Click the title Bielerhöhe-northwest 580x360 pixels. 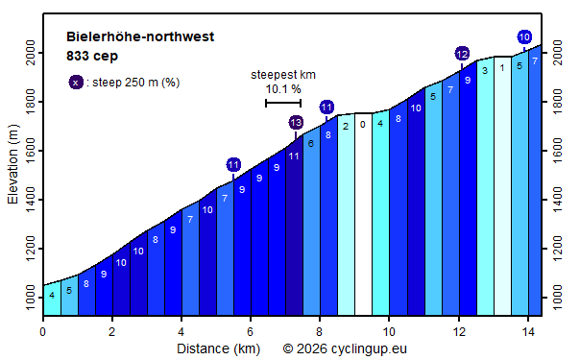[140, 37]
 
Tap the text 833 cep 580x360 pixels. [92, 56]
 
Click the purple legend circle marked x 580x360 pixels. [75, 83]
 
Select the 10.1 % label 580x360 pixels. [283, 89]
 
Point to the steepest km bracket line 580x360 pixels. [283, 103]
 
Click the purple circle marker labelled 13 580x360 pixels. [296, 122]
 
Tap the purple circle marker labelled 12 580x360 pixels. [462, 54]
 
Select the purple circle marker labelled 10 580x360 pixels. [524, 37]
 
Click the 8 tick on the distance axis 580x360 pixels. [320, 331]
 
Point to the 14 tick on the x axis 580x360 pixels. [527, 331]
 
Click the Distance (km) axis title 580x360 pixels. [218, 348]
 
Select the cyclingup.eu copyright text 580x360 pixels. [345, 348]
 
